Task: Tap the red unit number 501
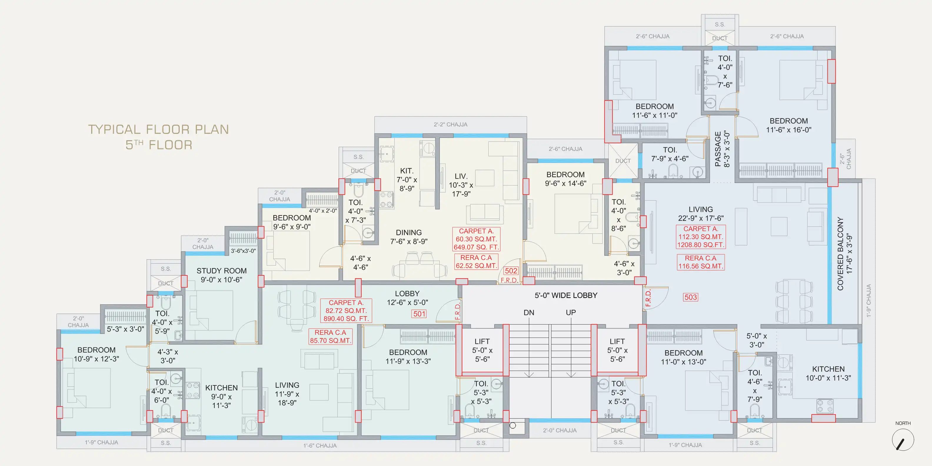[419, 314]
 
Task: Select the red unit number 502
[511, 271]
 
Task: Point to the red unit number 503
[690, 297]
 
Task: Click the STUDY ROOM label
[222, 271]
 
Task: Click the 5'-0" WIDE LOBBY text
[566, 295]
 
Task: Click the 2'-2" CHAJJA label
[450, 124]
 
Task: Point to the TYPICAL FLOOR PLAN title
[159, 129]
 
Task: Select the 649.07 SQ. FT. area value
[476, 247]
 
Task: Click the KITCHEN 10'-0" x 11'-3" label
[828, 373]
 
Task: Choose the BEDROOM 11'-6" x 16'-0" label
[789, 125]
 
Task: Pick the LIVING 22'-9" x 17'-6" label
[701, 214]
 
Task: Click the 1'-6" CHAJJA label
[320, 446]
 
